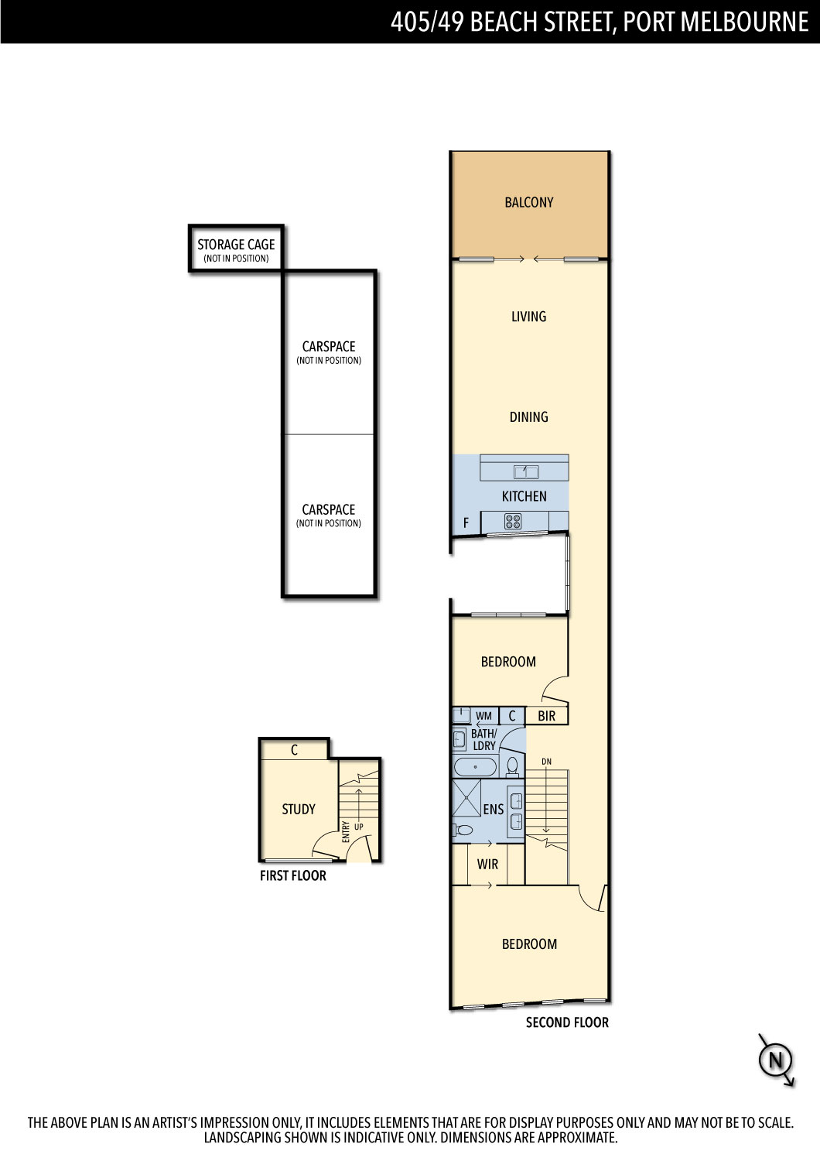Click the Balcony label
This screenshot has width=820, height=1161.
pyautogui.click(x=529, y=202)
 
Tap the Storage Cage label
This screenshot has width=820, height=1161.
pyautogui.click(x=236, y=245)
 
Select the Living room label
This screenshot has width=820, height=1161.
pyautogui.click(x=529, y=317)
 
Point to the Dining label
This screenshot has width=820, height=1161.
pyautogui.click(x=529, y=416)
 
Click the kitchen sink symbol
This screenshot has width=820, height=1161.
pyautogui.click(x=526, y=472)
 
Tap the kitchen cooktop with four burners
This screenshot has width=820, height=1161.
pyautogui.click(x=513, y=522)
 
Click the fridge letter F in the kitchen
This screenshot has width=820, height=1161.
pyautogui.click(x=466, y=523)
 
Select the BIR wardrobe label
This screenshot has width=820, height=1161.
pyautogui.click(x=546, y=716)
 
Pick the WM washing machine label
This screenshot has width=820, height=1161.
pyautogui.click(x=483, y=716)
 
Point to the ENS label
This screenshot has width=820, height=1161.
pyautogui.click(x=493, y=809)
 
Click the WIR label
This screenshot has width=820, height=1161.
pyautogui.click(x=488, y=864)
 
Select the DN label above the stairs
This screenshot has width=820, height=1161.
pyautogui.click(x=546, y=762)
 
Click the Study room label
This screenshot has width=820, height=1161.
pyautogui.click(x=299, y=809)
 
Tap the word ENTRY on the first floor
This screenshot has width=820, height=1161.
pyautogui.click(x=346, y=832)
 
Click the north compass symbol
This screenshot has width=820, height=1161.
pyautogui.click(x=776, y=1060)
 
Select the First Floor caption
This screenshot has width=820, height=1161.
pyautogui.click(x=293, y=875)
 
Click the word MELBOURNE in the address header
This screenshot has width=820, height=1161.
pyautogui.click(x=744, y=22)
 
